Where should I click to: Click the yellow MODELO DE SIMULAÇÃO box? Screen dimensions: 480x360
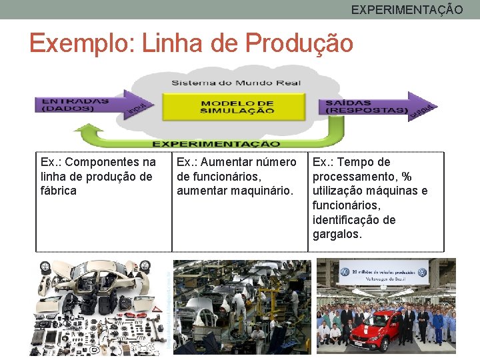point(237,106)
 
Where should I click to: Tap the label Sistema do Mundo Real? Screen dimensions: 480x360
point(237,83)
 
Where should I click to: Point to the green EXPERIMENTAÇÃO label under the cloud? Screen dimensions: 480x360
point(216,143)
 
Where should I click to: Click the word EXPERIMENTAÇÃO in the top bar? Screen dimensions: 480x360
point(407,9)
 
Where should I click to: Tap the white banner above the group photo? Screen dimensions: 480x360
point(383,273)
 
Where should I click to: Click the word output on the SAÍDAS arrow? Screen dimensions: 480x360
point(423,109)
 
